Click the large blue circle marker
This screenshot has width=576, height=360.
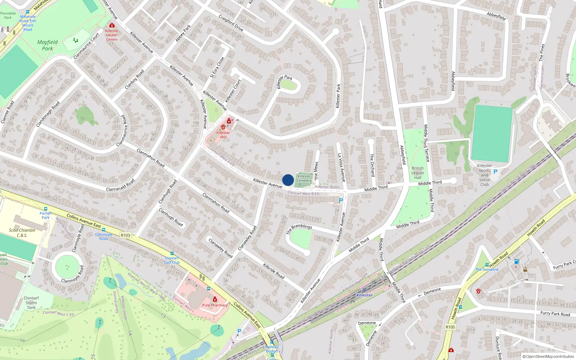tap(288, 180)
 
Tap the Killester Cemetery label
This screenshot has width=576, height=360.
tap(304, 179)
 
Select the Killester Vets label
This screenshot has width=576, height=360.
tap(223, 135)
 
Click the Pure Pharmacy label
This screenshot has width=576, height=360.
tap(215, 305)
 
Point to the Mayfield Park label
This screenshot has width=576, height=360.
tap(48, 45)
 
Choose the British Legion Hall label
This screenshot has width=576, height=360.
tap(418, 173)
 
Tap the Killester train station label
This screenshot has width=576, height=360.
tap(364, 295)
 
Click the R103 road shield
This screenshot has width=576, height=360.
tap(126, 235)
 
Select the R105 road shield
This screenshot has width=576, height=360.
tap(450, 327)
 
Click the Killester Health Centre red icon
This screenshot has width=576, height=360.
tap(112, 26)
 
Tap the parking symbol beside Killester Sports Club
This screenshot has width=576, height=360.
tap(495, 172)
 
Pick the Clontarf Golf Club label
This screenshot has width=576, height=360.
tap(172, 260)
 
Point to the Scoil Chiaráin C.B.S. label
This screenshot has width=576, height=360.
tap(22, 233)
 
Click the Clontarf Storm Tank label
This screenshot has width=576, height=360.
tap(31, 303)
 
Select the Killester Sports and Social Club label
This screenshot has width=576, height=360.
tap(485, 175)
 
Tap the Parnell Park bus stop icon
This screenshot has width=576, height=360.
tap(46, 209)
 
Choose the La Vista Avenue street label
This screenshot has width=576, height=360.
tap(341, 167)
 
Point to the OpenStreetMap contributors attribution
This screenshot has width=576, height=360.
tap(548, 356)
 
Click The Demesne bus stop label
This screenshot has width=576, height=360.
tap(487, 269)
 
